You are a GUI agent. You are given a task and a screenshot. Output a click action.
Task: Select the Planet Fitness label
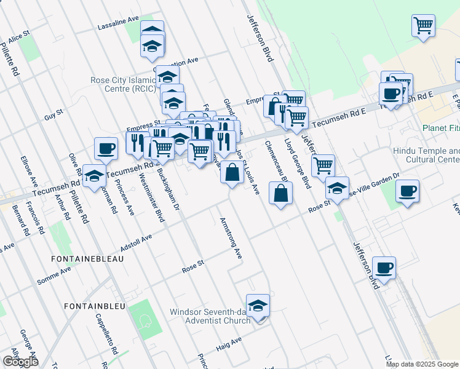440,129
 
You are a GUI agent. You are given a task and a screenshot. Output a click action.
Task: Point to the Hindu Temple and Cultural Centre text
426,155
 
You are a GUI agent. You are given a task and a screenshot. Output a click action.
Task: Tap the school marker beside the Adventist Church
258,304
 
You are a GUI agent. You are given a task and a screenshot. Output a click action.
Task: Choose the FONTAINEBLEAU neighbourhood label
89,259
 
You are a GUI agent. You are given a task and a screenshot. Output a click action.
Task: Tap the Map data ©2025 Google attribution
422,364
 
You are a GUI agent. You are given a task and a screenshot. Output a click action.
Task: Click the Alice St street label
19,36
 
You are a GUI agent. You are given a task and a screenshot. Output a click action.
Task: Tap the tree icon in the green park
146,320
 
